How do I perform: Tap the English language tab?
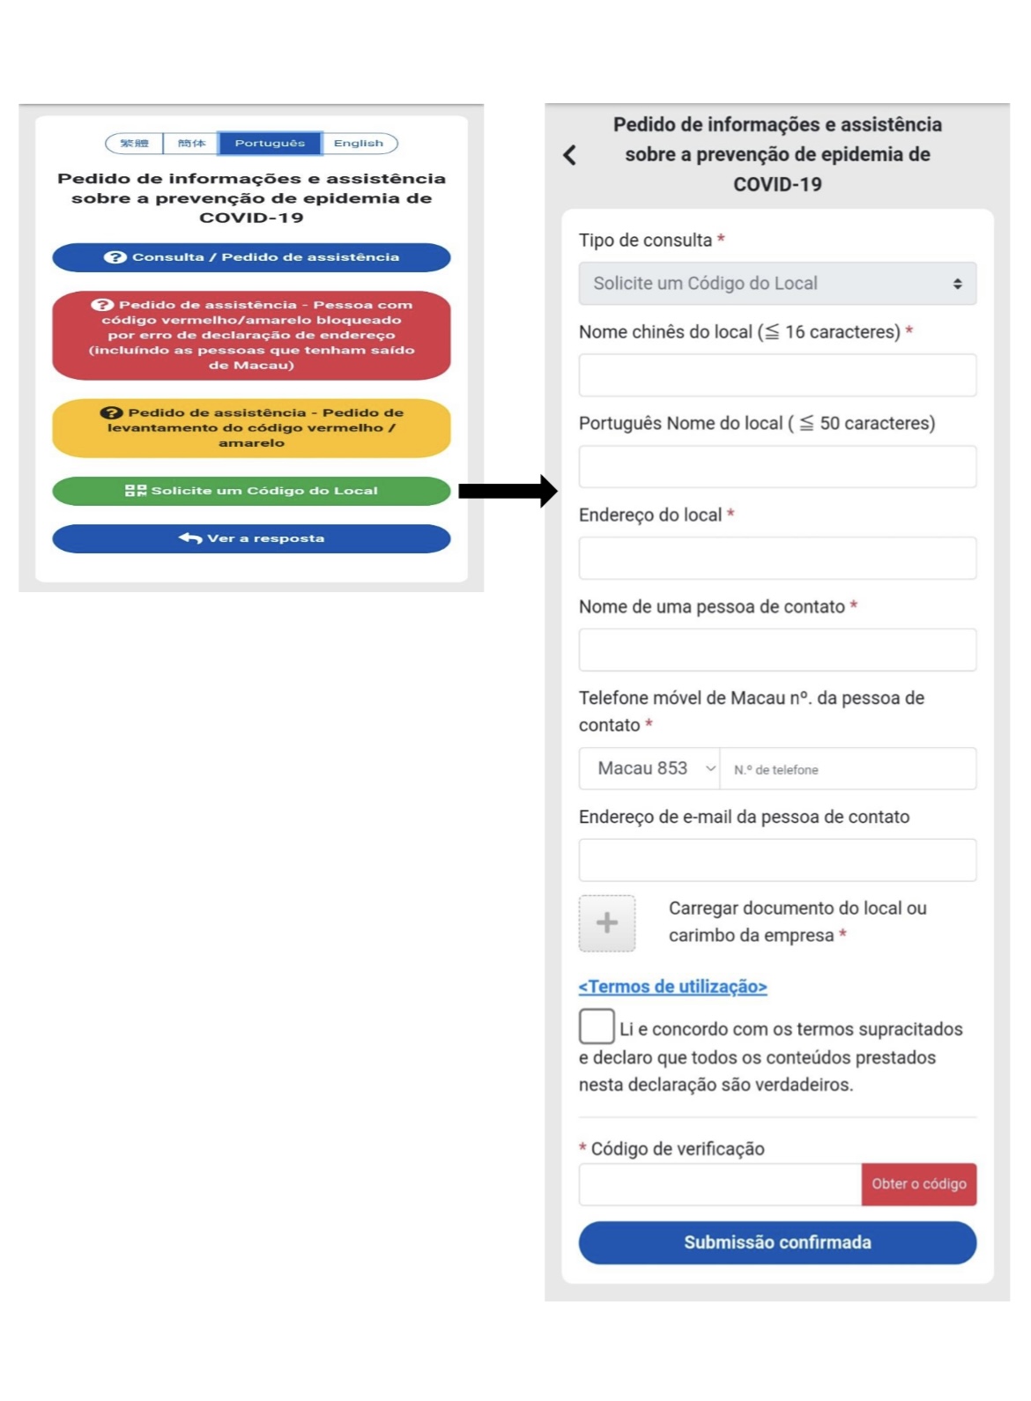(x=359, y=143)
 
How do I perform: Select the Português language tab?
(x=270, y=143)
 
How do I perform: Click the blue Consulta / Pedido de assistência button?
(x=251, y=257)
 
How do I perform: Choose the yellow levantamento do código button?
(x=251, y=428)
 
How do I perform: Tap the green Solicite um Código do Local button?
(x=251, y=491)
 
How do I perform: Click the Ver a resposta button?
(x=251, y=538)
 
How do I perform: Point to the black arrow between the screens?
(x=508, y=491)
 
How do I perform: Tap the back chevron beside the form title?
(x=570, y=155)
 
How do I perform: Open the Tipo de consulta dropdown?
(x=777, y=284)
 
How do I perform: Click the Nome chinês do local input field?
(x=777, y=375)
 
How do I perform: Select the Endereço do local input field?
(x=777, y=559)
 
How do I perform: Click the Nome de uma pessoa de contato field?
(x=777, y=650)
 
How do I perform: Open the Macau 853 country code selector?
(x=649, y=769)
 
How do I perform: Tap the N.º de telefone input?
(x=848, y=769)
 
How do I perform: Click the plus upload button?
(x=607, y=923)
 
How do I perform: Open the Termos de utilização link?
(x=672, y=987)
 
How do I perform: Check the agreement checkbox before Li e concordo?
(x=597, y=1027)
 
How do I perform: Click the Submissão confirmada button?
(x=777, y=1242)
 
